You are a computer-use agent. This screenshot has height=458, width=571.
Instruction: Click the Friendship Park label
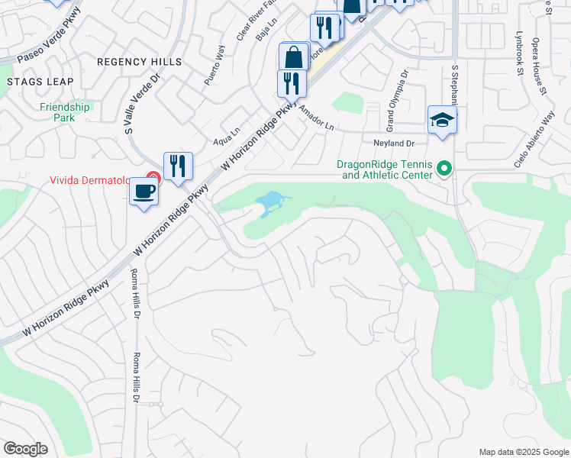tap(65, 112)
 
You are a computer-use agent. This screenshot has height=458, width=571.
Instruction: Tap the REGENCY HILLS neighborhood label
tap(139, 62)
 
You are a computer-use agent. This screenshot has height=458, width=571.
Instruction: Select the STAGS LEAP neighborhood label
tap(40, 82)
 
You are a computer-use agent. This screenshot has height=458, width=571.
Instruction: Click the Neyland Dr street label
tap(394, 143)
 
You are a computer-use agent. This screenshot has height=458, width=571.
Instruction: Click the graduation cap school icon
tap(442, 121)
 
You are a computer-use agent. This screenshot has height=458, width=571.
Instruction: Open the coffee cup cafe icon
tap(144, 192)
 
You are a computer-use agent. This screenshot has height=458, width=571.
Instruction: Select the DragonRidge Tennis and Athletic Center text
tap(387, 169)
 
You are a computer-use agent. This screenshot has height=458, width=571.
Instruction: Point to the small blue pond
tap(269, 203)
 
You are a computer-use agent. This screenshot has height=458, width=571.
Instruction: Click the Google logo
tap(26, 449)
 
